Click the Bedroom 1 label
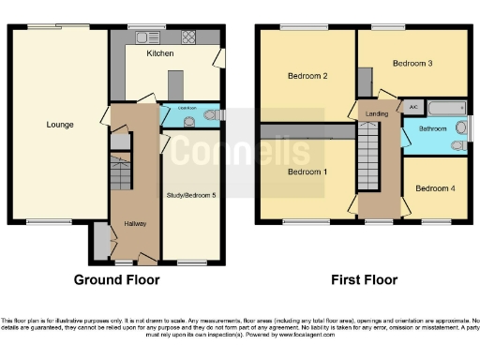pyautogui.click(x=307, y=172)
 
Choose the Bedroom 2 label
pyautogui.click(x=307, y=75)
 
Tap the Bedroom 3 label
pyautogui.click(x=412, y=64)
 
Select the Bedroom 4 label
pyautogui.click(x=434, y=188)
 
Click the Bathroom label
pyautogui.click(x=432, y=128)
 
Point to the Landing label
pyautogui.click(x=377, y=113)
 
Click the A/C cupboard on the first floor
pyautogui.click(x=412, y=107)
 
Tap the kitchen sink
pyautogui.click(x=147, y=37)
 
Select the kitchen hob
pyautogui.click(x=187, y=37)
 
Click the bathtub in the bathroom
pyautogui.click(x=439, y=108)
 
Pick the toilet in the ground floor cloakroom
pyautogui.click(x=217, y=115)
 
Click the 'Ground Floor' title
pyautogui.click(x=116, y=279)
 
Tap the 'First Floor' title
pyautogui.click(x=364, y=279)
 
